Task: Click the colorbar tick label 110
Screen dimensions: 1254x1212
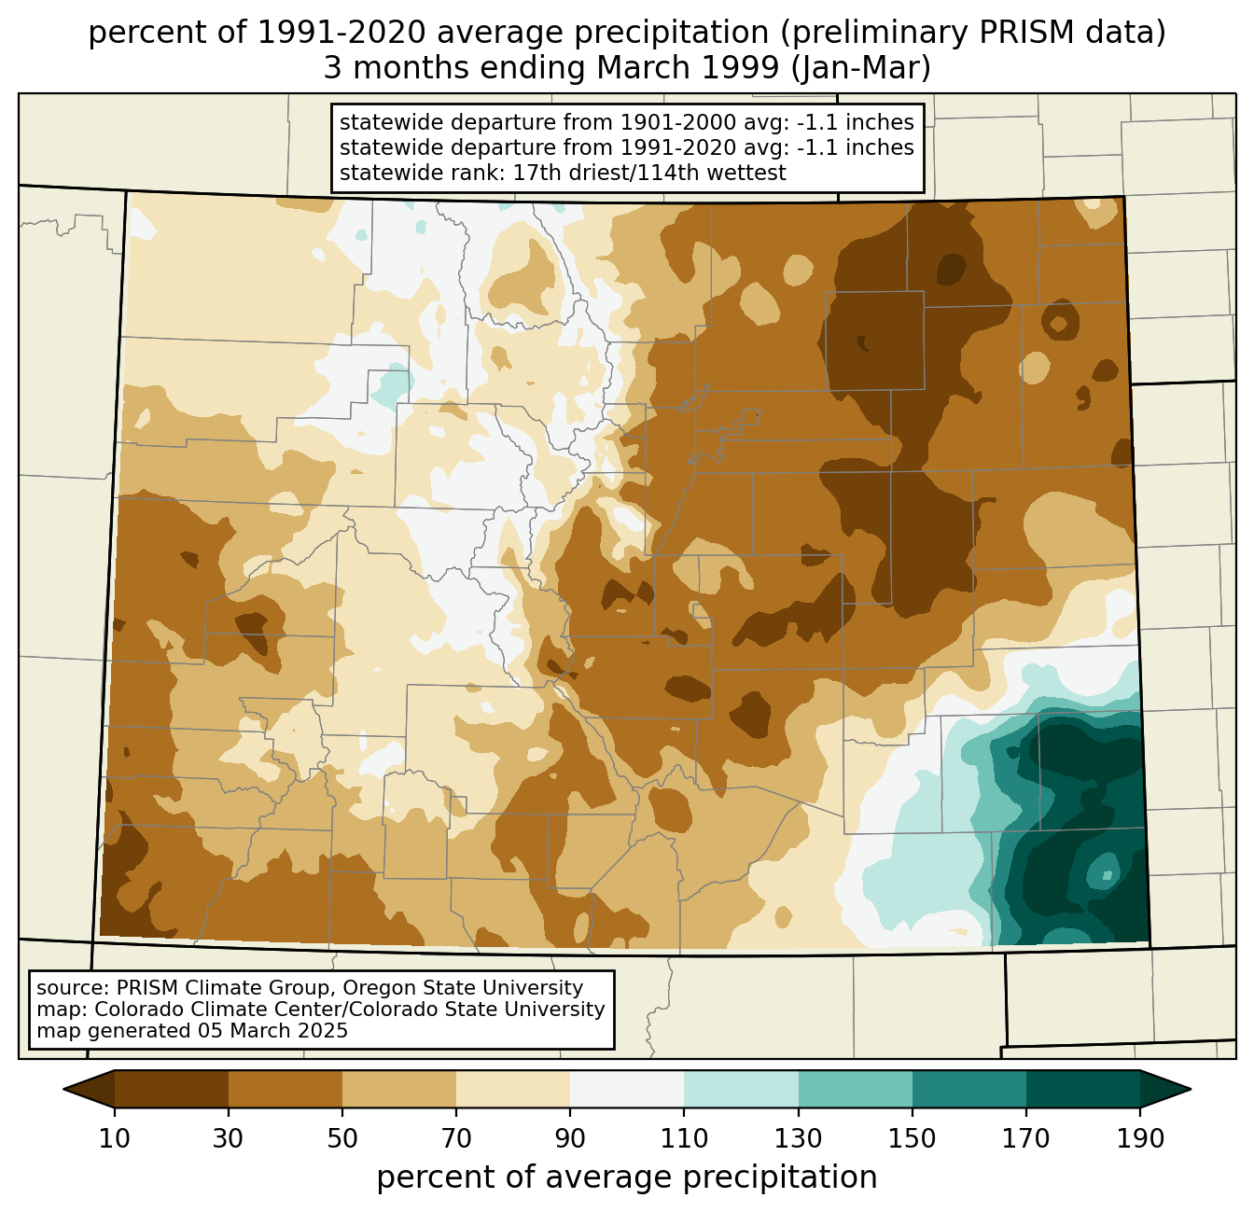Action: [684, 1138]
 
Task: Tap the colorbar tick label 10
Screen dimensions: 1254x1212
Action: [114, 1138]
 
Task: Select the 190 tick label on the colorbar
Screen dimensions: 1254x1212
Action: [1140, 1138]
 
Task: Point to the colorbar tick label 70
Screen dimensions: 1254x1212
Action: [456, 1138]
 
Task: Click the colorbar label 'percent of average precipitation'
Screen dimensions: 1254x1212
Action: [626, 1177]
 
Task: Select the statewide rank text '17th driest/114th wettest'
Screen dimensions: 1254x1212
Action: [649, 173]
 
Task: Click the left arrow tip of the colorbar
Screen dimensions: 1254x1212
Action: [63, 1090]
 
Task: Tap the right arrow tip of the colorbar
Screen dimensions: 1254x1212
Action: [1191, 1090]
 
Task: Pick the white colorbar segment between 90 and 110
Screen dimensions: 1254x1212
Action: [627, 1090]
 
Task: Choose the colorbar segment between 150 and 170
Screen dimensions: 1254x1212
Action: [969, 1090]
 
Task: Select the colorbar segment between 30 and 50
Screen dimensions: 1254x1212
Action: [285, 1090]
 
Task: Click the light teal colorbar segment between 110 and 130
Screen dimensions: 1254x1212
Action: [741, 1090]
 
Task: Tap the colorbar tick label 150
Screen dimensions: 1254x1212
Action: [912, 1138]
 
